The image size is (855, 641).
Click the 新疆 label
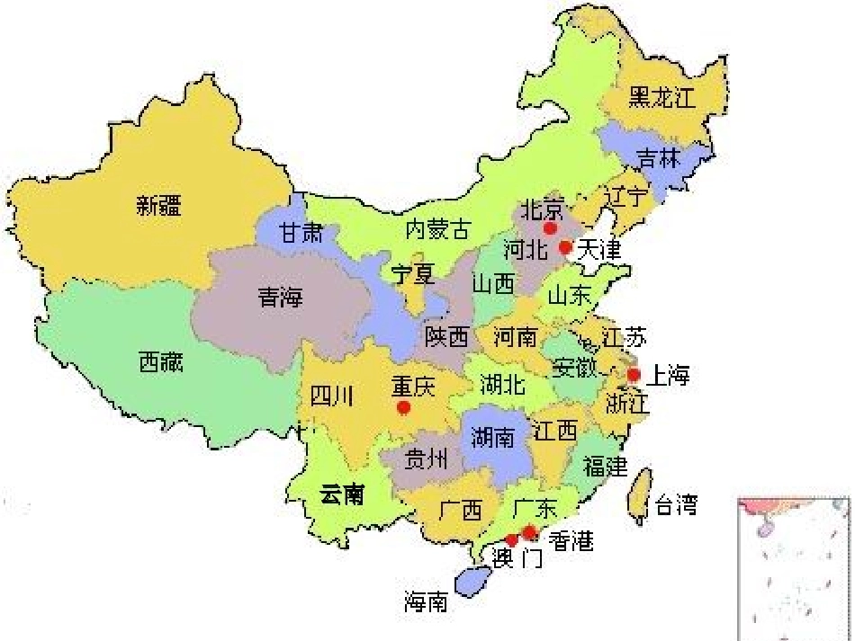coord(159,206)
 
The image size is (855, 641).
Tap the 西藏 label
coord(161,362)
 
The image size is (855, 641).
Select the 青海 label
coord(280,298)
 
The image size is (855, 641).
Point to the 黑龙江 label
coord(663,97)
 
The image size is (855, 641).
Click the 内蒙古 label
coord(437,229)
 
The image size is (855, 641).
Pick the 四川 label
coord(331,395)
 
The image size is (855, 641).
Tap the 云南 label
coord(342,494)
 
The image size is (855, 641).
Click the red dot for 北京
coord(550,228)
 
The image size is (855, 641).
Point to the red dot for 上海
coord(634,374)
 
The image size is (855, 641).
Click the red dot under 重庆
coord(403,407)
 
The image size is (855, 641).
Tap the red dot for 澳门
coord(511,540)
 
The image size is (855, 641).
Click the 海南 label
coord(426,601)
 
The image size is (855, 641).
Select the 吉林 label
coord(657,158)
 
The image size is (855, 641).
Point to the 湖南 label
coord(493,438)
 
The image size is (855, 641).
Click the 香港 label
coord(571,541)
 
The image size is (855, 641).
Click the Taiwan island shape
coord(639,494)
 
